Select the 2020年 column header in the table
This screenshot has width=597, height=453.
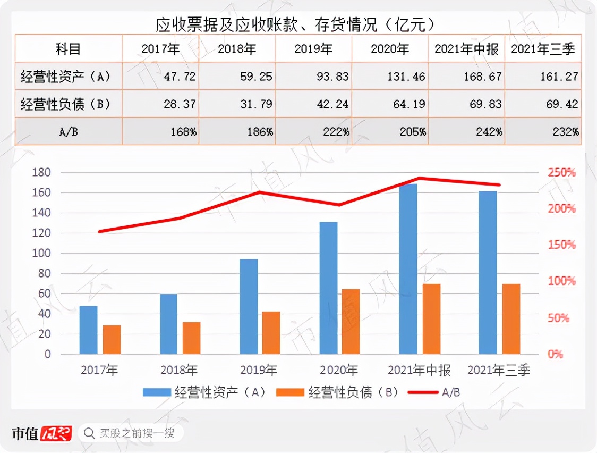pos(390,49)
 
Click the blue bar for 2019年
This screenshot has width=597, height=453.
pos(249,306)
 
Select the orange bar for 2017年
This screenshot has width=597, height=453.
pos(112,339)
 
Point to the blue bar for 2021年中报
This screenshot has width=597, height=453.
pos(408,269)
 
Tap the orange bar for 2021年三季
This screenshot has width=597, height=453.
pos(511,318)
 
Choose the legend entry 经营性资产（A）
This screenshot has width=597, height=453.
pos(204,392)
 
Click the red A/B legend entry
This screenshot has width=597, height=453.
pos(434,392)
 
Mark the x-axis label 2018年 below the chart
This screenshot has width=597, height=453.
pos(179,370)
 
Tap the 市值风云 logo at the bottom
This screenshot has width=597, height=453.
pos(42,433)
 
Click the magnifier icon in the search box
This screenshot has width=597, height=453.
pos(90,433)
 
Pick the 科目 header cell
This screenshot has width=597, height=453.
pos(69,49)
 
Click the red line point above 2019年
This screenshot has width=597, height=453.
pos(259,192)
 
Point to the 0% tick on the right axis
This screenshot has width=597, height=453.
pos(555,354)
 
